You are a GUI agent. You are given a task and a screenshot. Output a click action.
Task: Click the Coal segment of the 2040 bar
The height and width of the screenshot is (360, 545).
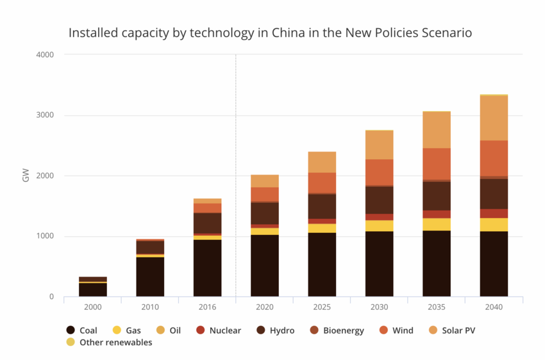coord(494,264)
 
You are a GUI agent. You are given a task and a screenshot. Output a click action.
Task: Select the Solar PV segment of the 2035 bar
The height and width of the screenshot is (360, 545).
coord(436,130)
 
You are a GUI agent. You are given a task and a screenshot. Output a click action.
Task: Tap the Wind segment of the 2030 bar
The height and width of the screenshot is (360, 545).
coord(379,172)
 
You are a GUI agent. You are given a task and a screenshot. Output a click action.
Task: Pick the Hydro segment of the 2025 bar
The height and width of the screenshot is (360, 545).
coord(322,206)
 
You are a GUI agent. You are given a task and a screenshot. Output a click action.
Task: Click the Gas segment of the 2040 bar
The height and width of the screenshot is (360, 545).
coord(494,225)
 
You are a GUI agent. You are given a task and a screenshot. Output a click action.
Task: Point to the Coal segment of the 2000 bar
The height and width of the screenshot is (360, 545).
coord(93,289)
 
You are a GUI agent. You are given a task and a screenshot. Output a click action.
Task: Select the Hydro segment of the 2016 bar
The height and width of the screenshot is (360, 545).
coord(207,223)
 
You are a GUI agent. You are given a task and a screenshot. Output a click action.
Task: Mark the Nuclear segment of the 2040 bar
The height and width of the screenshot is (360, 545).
coord(494,213)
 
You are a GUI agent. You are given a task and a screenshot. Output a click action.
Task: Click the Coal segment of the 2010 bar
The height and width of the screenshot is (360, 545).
coord(150,277)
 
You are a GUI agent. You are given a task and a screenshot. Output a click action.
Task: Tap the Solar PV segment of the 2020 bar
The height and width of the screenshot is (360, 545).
coord(265,181)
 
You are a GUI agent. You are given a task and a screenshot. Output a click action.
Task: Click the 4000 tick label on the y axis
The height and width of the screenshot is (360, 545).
coord(46,55)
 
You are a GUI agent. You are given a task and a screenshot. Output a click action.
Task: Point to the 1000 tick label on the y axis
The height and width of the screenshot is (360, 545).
coord(46,236)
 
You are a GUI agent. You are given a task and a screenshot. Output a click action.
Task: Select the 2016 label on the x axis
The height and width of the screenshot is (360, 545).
coord(207,307)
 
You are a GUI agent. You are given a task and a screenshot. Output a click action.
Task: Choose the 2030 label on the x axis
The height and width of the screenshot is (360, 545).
coord(379,307)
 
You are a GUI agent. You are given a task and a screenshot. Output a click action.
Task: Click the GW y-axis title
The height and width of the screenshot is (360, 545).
coord(26,176)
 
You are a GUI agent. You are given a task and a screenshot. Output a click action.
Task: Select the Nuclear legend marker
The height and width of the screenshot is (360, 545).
coord(201,330)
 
